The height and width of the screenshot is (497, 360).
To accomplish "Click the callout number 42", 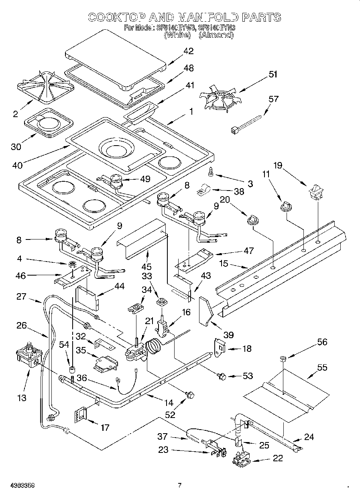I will [188, 51].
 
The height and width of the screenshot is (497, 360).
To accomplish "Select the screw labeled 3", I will [211, 172].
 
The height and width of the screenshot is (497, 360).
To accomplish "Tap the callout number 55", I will [322, 367].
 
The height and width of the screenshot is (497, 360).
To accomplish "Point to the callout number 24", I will [309, 437].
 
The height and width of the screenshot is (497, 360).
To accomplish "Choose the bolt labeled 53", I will [221, 376].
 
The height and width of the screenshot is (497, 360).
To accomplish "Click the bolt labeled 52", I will [189, 396].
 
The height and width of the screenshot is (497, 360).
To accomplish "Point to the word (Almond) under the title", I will [216, 35].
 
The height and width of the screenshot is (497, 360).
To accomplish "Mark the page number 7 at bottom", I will [180, 485].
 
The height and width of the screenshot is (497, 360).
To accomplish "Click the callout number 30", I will [16, 147].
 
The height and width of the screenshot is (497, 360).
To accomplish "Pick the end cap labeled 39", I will [205, 310].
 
